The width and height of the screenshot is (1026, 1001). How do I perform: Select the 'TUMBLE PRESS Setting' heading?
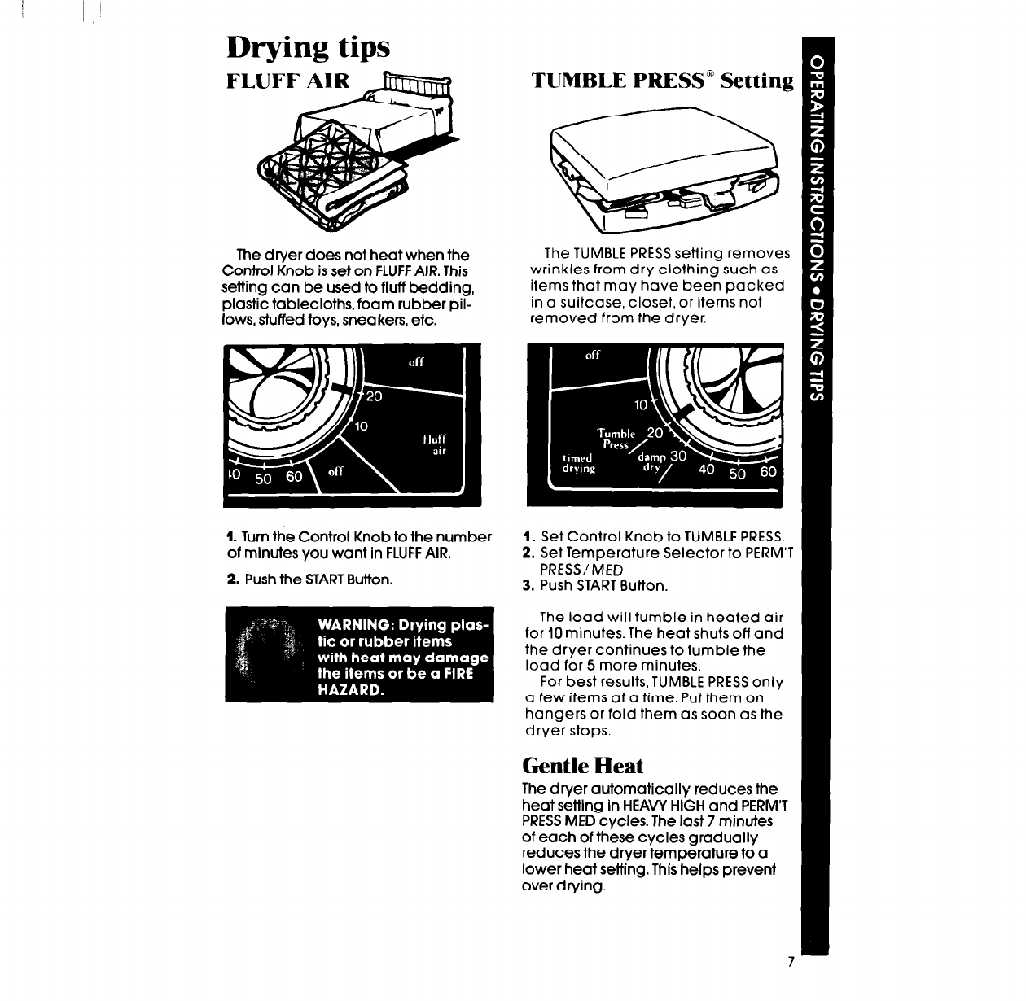tap(661, 81)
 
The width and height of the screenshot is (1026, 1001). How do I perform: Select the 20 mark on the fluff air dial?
tap(373, 397)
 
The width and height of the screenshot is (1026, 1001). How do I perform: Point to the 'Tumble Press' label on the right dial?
tap(615, 439)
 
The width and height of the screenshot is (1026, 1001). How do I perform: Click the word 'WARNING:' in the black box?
tap(355, 625)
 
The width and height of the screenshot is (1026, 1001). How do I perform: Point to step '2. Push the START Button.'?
tap(309, 580)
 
